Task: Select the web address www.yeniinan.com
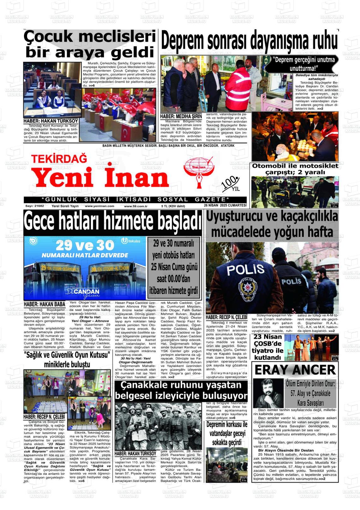point(99,206)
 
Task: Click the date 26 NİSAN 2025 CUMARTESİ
point(225,205)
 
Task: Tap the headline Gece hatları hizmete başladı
point(112,222)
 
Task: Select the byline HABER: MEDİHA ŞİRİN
point(181,117)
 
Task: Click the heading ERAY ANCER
point(295,370)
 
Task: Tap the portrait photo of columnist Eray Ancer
point(268,393)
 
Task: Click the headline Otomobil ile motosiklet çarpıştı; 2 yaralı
point(295,169)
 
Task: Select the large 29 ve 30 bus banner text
point(85,246)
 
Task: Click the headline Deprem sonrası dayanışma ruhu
point(249,41)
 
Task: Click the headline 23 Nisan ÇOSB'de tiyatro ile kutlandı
point(267,347)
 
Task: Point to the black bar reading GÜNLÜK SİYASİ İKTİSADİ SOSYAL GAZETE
point(135,199)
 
